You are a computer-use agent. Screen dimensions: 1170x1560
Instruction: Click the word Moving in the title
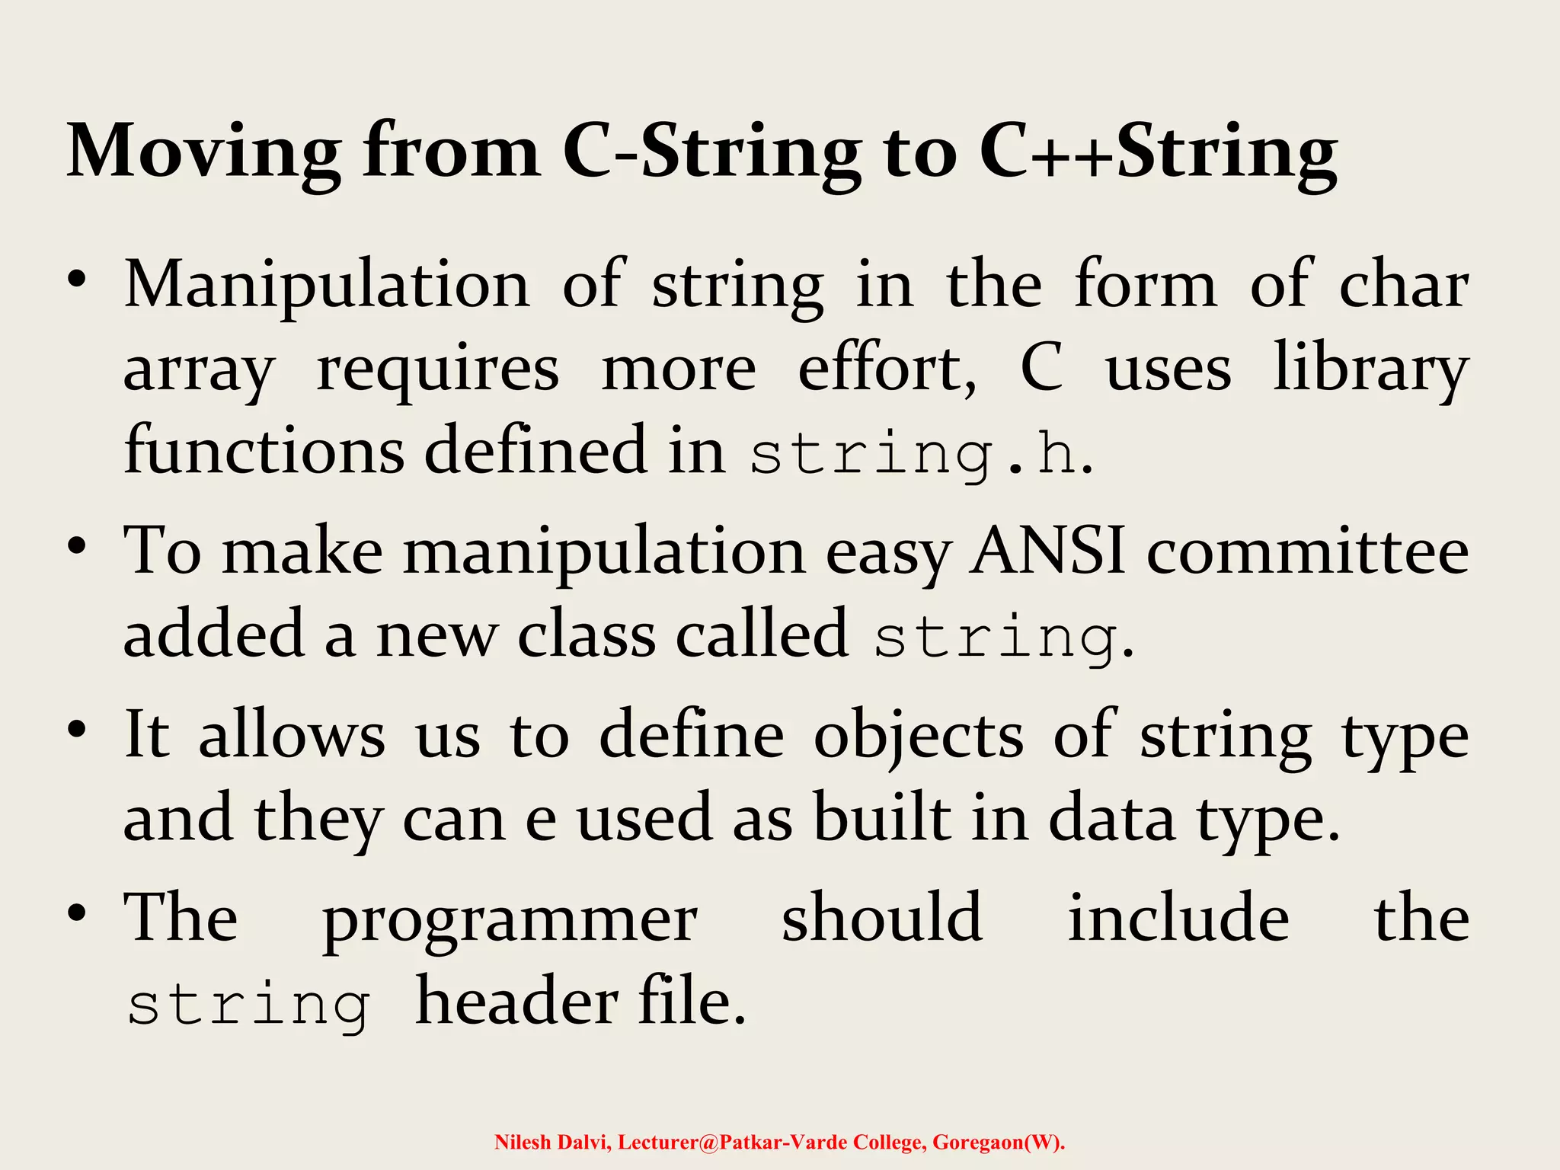pyautogui.click(x=204, y=152)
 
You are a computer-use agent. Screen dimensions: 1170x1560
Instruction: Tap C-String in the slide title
pyautogui.click(x=712, y=152)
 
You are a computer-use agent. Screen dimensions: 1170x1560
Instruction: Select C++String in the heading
pyautogui.click(x=1158, y=152)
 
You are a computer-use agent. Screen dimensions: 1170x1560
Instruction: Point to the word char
pyautogui.click(x=1404, y=284)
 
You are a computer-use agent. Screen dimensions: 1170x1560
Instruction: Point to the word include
pyautogui.click(x=1178, y=918)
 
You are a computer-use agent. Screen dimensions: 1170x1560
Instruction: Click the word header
pyautogui.click(x=516, y=1002)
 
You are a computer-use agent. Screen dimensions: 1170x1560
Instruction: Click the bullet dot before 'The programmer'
pyautogui.click(x=76, y=913)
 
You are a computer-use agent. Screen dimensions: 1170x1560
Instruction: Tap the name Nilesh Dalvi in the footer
pyautogui.click(x=553, y=1142)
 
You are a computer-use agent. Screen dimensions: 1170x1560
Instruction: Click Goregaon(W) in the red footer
pyautogui.click(x=997, y=1142)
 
